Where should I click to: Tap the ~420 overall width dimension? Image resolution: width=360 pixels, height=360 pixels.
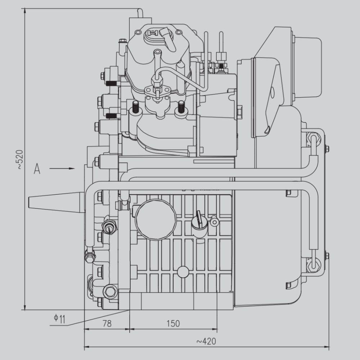pos(206,341)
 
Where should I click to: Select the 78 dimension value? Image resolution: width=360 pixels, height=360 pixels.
pos(107,324)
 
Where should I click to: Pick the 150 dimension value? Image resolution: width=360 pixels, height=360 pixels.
pos(173,324)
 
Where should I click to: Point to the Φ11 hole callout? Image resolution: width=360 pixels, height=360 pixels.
pos(59,319)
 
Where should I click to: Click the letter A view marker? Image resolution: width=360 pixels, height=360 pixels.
pos(37,169)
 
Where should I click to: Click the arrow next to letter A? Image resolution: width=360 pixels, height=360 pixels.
pos(62,168)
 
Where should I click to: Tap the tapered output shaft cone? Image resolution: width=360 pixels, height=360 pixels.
pos(56,201)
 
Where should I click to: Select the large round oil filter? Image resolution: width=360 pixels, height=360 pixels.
pos(156,220)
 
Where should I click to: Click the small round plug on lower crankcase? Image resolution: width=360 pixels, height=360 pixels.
pos(183,272)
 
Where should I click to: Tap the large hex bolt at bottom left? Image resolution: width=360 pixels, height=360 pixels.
pos(110,291)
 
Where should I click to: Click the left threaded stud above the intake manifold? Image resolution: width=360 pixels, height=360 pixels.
pos(135,107)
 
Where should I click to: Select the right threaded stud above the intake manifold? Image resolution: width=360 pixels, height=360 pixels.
pos(181,107)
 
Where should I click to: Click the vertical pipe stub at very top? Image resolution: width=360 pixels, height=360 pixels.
pos(140,13)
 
